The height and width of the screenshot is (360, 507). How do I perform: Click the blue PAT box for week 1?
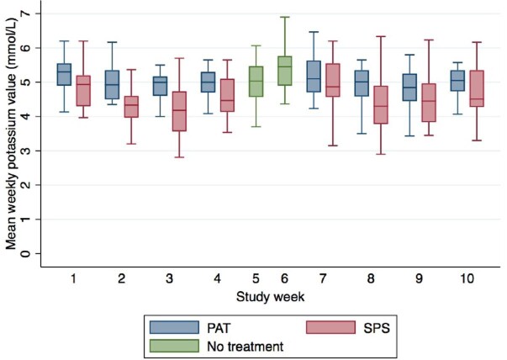64,74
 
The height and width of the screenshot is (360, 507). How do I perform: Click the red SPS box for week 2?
131,107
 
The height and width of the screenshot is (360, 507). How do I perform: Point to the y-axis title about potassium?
11,134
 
